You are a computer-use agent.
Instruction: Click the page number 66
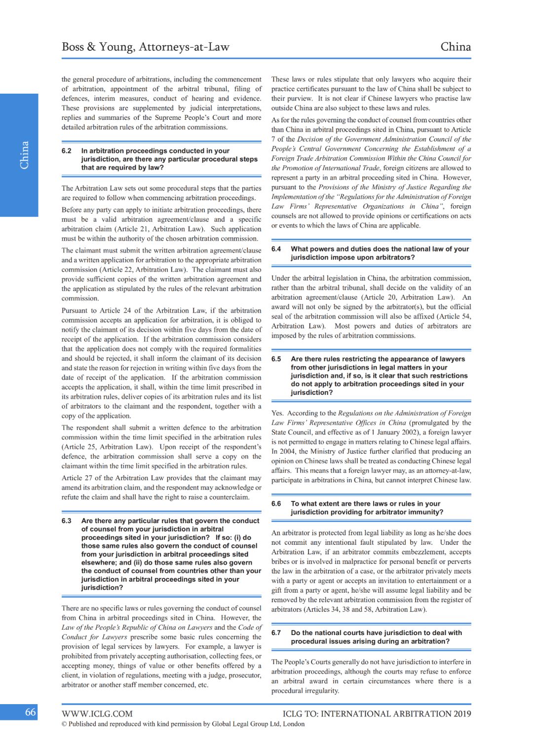point(30,712)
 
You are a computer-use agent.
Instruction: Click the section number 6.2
point(67,151)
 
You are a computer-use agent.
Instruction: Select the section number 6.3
point(67,521)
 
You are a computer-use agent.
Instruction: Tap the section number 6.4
point(276,249)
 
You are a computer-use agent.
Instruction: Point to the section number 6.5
point(276,359)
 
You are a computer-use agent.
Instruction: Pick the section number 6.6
point(276,503)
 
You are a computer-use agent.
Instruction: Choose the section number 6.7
point(276,633)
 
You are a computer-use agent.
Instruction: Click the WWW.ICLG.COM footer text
point(97,713)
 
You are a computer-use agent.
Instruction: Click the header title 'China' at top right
point(456,47)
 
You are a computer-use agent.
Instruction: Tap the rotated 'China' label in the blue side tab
point(24,155)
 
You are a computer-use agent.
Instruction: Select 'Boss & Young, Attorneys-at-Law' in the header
point(146,47)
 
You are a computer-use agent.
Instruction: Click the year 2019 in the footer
point(462,713)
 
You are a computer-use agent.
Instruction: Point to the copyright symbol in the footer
point(64,724)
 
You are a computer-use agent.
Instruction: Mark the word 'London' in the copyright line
point(294,724)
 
